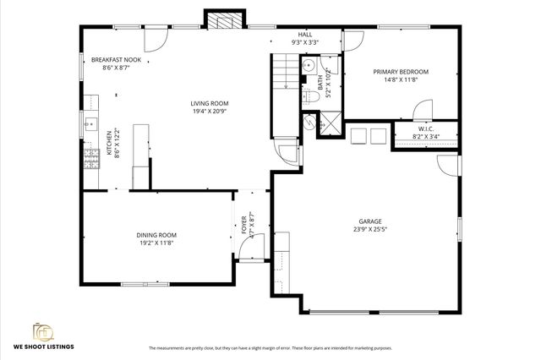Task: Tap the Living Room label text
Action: (208, 103)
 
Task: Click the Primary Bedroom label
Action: (401, 72)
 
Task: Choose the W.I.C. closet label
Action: (425, 128)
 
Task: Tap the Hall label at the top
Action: (303, 35)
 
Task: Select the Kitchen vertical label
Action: (108, 144)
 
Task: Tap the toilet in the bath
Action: (309, 98)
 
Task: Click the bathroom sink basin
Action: (309, 65)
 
